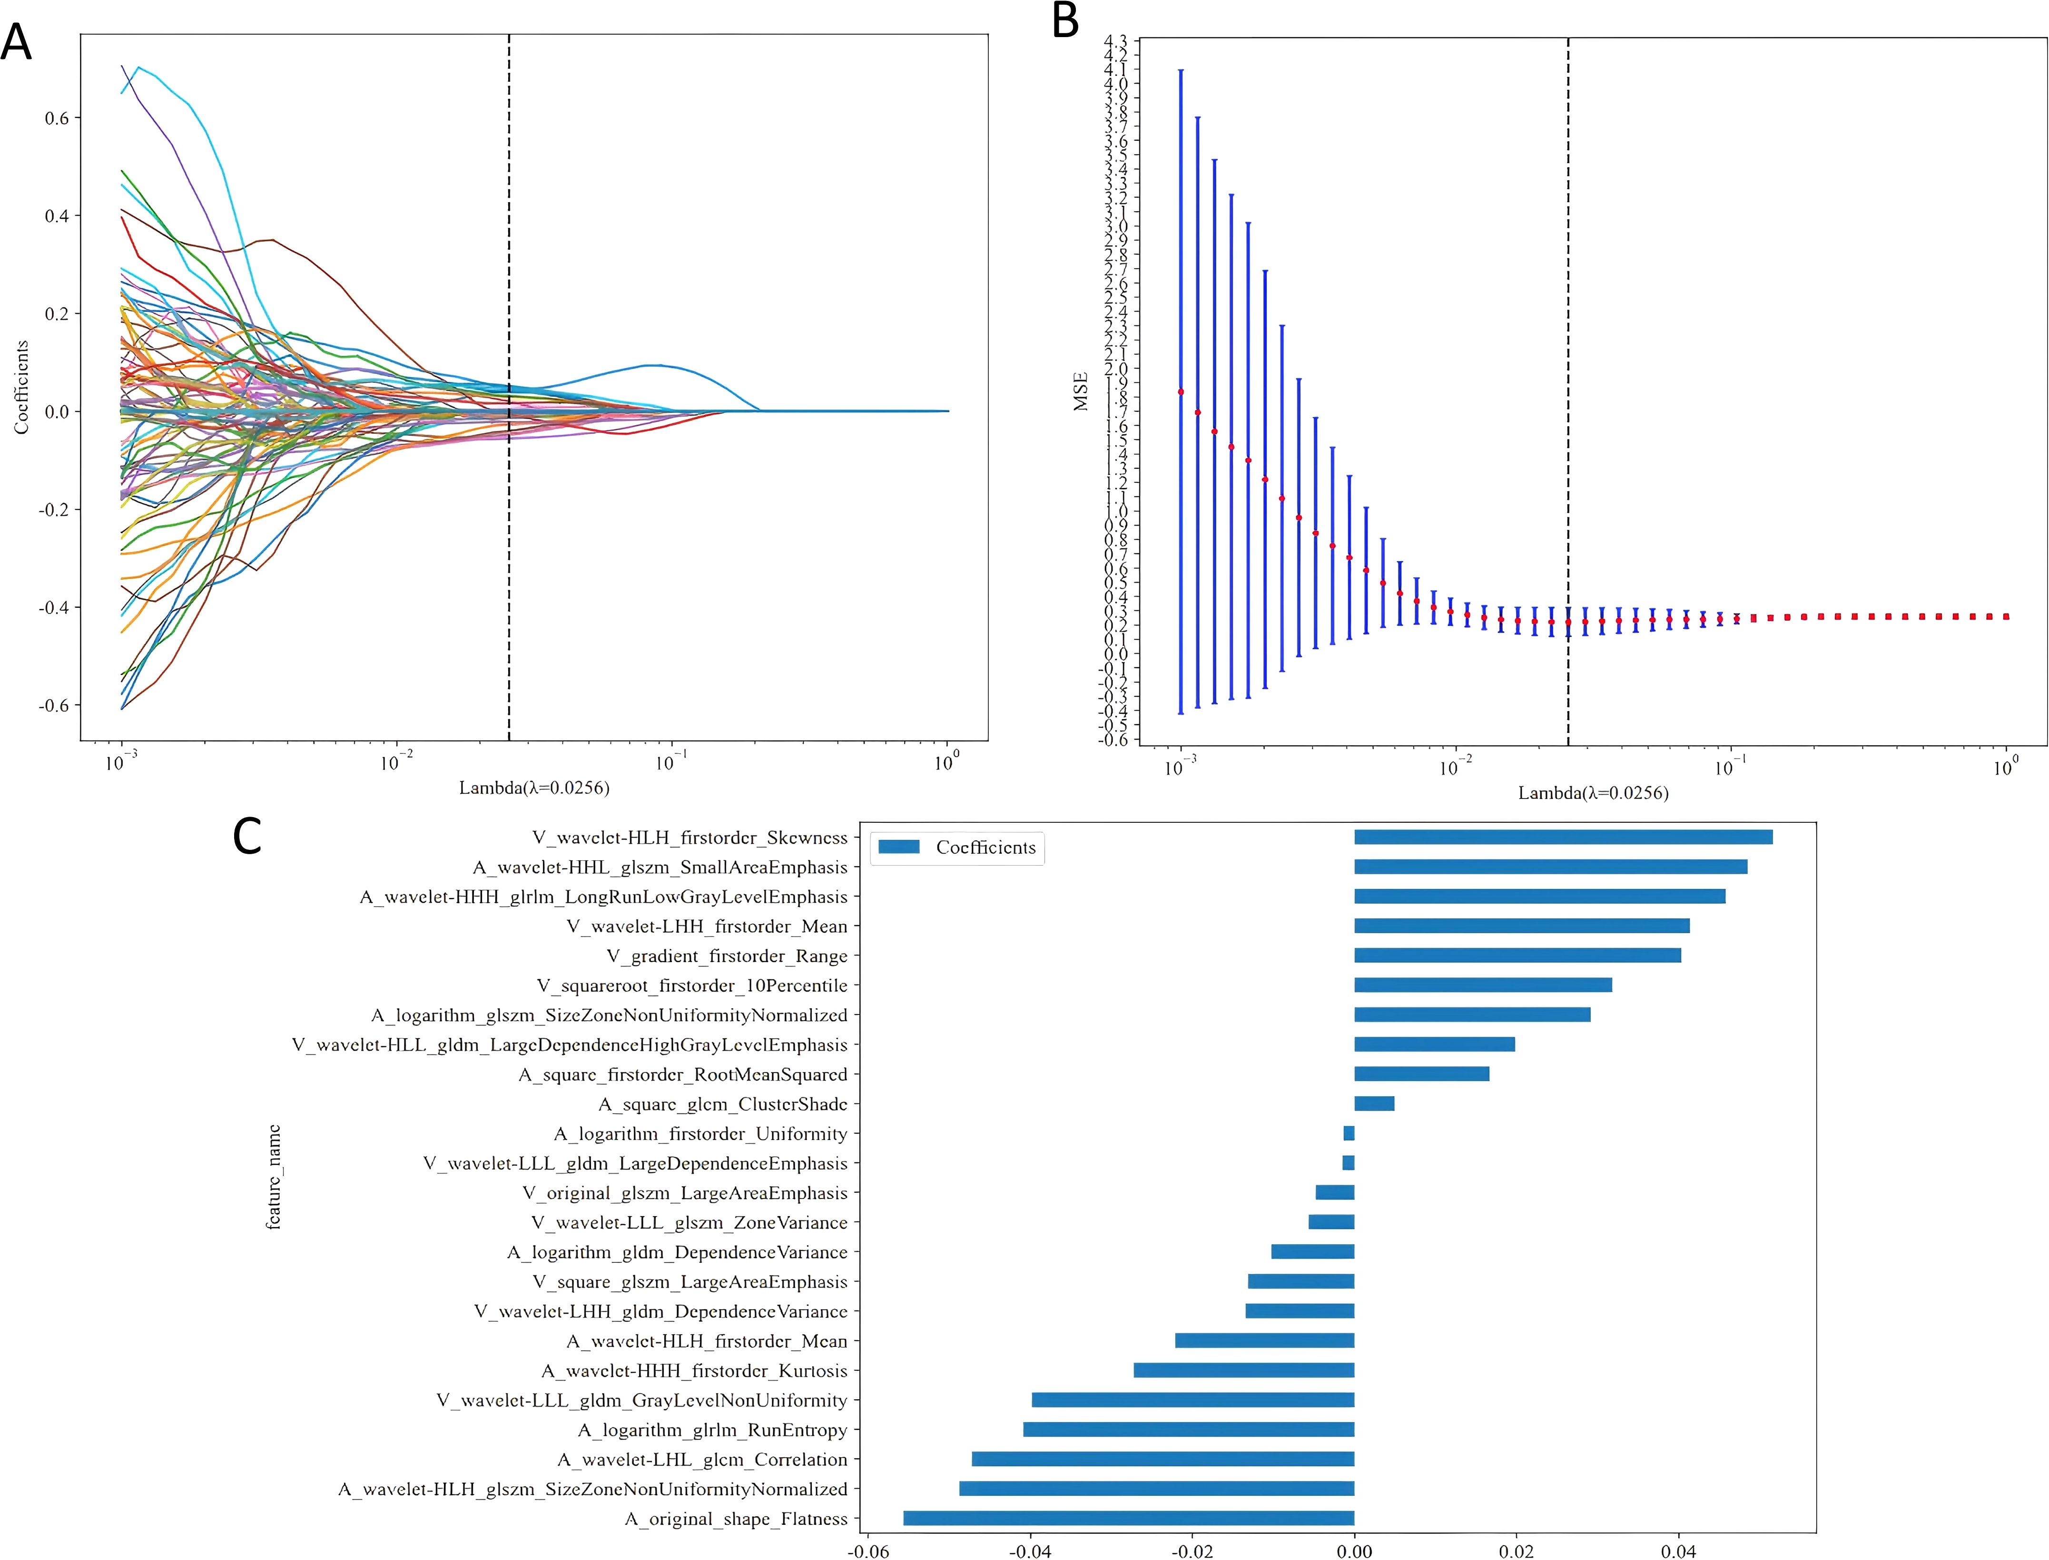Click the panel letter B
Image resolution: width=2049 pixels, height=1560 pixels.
coord(1065,20)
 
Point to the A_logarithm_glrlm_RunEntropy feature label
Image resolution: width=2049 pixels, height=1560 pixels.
coord(712,1430)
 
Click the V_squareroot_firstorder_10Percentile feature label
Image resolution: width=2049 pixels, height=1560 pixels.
coord(692,985)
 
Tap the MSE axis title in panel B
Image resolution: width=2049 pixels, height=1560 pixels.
coord(1080,391)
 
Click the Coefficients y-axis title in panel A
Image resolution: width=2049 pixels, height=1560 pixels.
coord(21,387)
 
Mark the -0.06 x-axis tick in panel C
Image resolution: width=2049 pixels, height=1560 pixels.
coord(867,1550)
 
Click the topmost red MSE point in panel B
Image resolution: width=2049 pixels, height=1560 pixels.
coord(1181,392)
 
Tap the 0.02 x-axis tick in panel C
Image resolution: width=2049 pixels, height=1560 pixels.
coord(1516,1550)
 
